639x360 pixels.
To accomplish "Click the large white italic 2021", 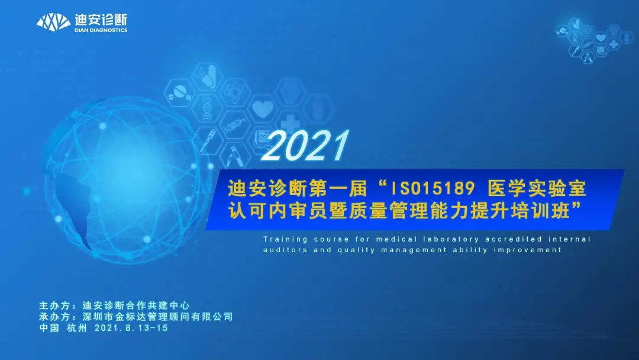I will click(x=305, y=146).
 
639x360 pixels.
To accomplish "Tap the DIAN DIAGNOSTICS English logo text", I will click(x=101, y=30).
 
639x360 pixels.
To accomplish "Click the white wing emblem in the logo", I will click(x=54, y=22).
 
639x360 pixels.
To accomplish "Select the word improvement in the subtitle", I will click(x=527, y=250).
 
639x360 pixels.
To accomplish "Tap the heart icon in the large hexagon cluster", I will click(x=262, y=109).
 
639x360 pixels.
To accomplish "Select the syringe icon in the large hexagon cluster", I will click(x=235, y=127).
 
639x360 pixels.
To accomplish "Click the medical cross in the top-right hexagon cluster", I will click(x=614, y=44).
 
